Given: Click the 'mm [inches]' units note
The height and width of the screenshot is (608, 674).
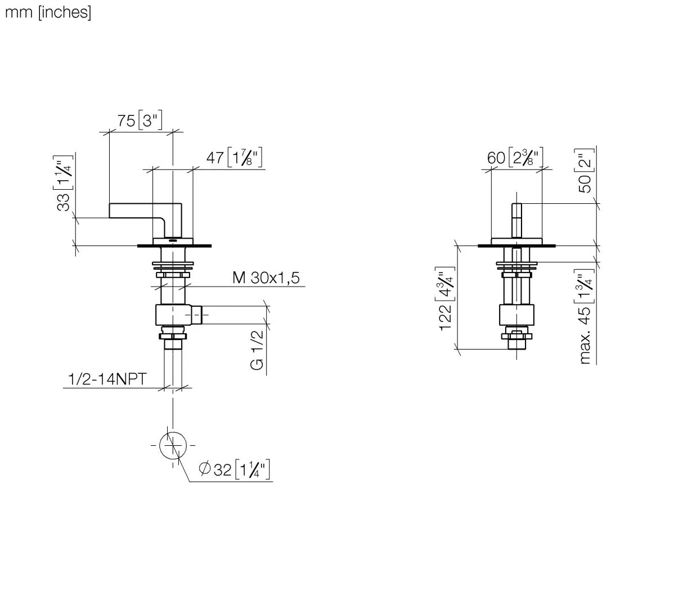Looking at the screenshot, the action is (48, 12).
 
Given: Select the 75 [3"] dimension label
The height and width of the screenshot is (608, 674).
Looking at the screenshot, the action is (140, 120).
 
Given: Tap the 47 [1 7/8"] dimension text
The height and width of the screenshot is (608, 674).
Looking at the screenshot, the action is (234, 158).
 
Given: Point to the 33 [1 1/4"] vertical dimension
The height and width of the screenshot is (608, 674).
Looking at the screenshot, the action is (63, 183).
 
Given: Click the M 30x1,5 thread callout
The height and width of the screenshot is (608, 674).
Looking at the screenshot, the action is (266, 278).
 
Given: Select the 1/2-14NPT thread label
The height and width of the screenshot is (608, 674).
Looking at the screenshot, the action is (107, 379).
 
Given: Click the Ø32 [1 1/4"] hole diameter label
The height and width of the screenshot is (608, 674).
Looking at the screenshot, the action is (235, 469).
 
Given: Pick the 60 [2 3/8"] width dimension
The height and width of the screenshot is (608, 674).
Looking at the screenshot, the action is (515, 158).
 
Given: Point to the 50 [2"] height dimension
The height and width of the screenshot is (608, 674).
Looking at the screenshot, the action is (585, 170).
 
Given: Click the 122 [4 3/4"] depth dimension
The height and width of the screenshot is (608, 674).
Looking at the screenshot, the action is (446, 298).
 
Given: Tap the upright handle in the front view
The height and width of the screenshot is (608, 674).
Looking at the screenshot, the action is (516, 221).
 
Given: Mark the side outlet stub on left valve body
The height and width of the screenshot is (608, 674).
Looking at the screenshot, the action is (196, 315).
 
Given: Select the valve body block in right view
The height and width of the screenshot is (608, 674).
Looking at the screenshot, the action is (516, 315).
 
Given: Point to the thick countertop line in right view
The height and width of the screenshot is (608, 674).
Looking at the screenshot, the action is (516, 246).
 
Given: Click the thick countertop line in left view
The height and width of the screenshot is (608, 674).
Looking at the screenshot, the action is (174, 246).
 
